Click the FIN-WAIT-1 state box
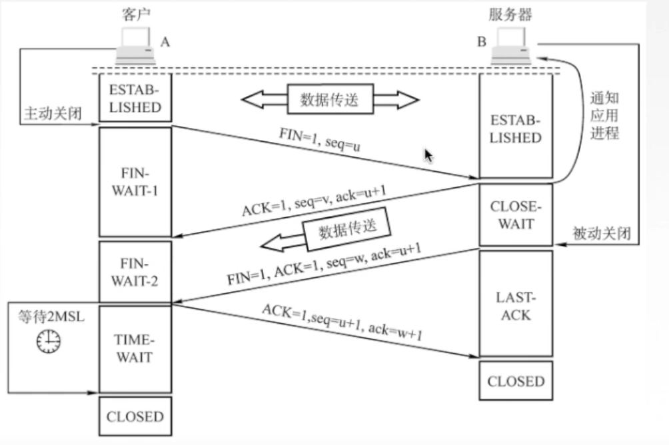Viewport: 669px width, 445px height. pyautogui.click(x=135, y=181)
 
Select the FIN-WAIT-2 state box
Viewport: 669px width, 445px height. pyautogui.click(x=135, y=272)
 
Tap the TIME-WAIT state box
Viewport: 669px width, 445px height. pyautogui.click(x=135, y=348)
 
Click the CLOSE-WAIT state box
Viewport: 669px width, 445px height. pyautogui.click(x=516, y=215)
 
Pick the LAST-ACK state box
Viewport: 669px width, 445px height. pyautogui.click(x=516, y=304)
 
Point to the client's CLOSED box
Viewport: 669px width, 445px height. pyautogui.click(x=135, y=417)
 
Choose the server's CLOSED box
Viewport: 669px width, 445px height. pyautogui.click(x=516, y=382)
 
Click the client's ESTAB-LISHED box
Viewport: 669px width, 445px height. pyautogui.click(x=135, y=98)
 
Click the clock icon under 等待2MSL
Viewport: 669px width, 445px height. pyautogui.click(x=48, y=342)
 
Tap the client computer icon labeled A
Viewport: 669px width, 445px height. pyautogui.click(x=136, y=47)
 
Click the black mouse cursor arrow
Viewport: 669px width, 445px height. pyautogui.click(x=429, y=156)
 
